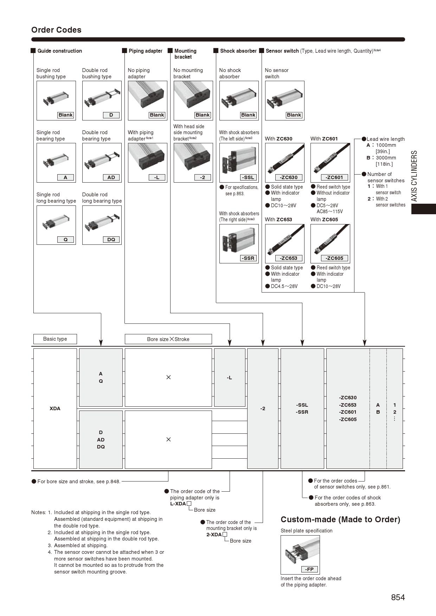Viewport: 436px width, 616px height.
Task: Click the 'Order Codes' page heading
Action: coord(56,30)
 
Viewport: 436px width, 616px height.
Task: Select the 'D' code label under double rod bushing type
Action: coord(111,115)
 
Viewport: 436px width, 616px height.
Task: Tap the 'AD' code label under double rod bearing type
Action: coord(111,177)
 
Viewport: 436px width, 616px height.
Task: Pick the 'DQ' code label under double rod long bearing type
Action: coord(111,240)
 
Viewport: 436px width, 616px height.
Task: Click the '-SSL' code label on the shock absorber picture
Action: coord(248,177)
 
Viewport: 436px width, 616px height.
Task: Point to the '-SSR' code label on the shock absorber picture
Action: coord(248,258)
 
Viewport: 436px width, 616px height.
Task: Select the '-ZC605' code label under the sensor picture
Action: coord(334,258)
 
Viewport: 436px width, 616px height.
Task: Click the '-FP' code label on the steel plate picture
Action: coord(309,569)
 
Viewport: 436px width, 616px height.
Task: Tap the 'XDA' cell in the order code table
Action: coord(55,408)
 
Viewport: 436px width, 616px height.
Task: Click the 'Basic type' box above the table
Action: coord(55,339)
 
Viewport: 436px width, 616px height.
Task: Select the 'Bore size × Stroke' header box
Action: coord(168,339)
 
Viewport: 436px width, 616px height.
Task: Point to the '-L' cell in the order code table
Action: coord(229,378)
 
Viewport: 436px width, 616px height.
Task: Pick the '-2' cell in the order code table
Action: coord(263,408)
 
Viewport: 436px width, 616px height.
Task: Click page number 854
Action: coord(398,597)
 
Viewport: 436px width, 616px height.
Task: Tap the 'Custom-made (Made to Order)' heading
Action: coord(340,519)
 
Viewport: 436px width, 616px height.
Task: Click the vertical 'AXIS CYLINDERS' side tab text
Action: coord(414,176)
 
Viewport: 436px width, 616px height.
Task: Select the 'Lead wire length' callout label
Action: coord(385,139)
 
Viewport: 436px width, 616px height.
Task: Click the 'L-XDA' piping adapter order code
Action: coord(178,504)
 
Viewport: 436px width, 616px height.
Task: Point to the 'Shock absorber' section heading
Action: coord(238,51)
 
